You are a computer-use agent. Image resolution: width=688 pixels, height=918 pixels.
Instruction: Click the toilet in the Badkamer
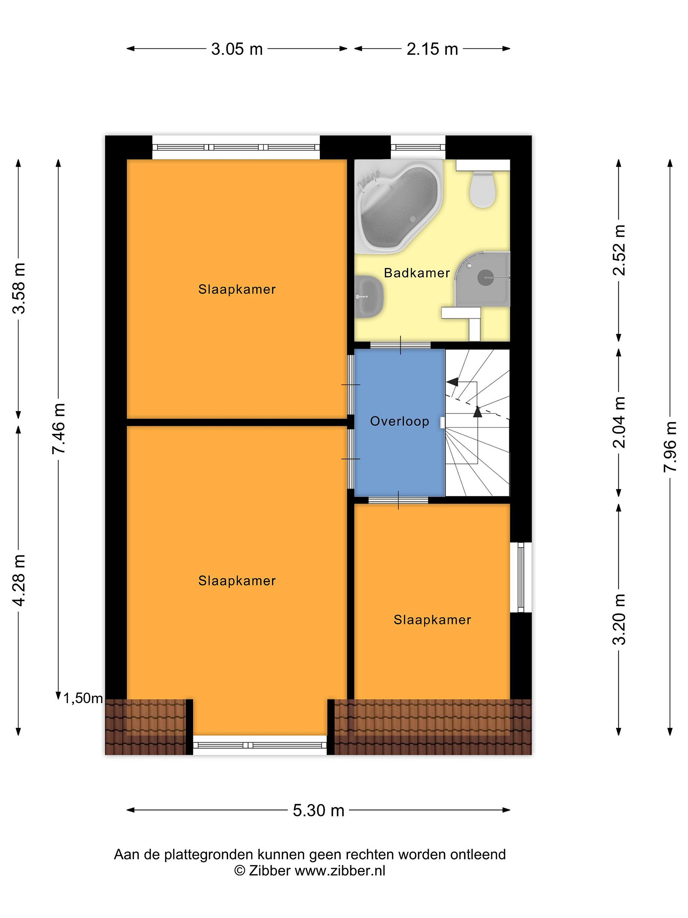(482, 189)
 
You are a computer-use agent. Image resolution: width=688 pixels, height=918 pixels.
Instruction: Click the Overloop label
(399, 422)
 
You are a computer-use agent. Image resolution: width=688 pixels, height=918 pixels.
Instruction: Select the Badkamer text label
(417, 273)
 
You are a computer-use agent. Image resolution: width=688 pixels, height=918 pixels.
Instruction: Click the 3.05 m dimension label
(237, 49)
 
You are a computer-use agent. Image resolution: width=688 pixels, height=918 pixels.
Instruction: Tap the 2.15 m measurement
(432, 49)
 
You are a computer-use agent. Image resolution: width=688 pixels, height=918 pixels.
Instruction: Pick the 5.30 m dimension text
(319, 810)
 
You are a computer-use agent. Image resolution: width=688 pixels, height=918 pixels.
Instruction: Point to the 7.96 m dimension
(670, 446)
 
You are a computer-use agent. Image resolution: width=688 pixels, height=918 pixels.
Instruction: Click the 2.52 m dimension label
(619, 250)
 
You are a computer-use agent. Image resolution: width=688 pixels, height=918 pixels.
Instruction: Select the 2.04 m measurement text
(619, 422)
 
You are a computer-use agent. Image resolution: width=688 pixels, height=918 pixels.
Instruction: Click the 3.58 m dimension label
(19, 288)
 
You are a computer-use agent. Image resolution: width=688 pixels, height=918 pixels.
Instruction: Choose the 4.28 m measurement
(19, 580)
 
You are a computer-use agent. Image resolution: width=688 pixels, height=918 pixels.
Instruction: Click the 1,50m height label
(83, 698)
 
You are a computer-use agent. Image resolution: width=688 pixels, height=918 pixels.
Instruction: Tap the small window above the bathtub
(418, 147)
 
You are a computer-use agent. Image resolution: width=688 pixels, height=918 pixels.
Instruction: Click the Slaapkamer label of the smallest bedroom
(432, 620)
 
